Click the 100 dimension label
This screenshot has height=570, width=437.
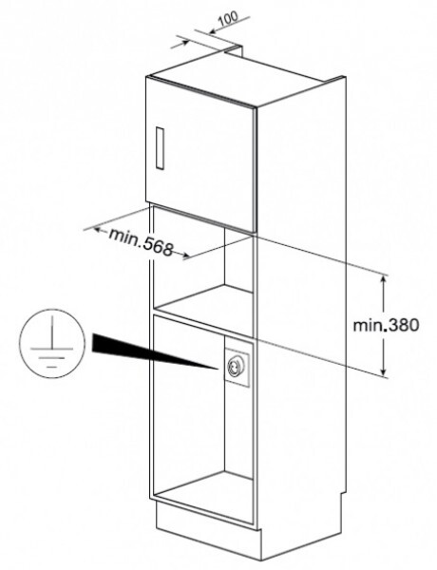[229, 17]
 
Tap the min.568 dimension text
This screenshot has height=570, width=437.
[141, 241]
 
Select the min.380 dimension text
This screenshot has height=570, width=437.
[386, 325]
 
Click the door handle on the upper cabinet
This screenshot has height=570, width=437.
[160, 147]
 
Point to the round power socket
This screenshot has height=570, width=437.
[233, 368]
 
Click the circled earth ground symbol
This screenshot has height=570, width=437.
[52, 343]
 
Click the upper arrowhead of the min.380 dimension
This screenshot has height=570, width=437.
[383, 279]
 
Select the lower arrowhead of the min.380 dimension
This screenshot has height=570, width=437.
[383, 371]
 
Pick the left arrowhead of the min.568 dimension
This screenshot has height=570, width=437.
[97, 230]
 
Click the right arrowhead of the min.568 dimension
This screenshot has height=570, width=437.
[186, 256]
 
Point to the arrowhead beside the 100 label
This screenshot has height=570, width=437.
[212, 31]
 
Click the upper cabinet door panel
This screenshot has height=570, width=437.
[201, 154]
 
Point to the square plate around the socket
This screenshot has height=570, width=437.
[237, 367]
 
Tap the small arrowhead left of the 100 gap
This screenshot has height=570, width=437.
[185, 43]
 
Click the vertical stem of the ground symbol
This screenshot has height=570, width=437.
[52, 332]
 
